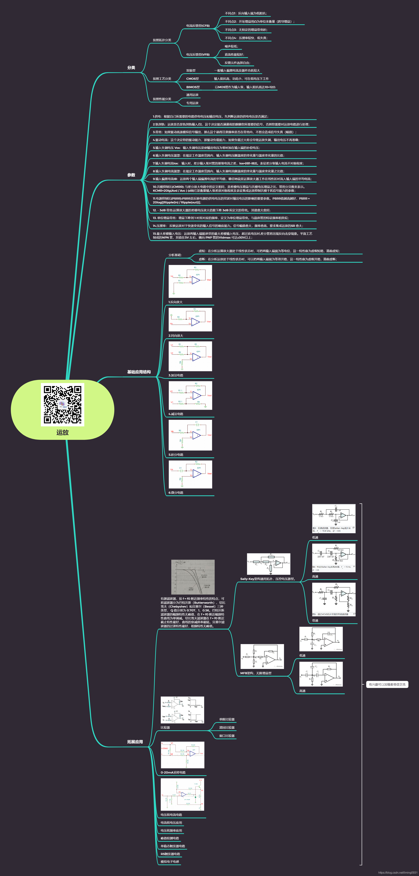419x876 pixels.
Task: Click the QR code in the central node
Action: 63,404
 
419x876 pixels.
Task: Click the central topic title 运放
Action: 63,432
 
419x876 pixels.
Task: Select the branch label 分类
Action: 131,68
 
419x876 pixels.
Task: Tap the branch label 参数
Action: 131,175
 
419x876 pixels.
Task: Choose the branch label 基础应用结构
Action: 139,372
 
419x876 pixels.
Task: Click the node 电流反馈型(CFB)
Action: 198,26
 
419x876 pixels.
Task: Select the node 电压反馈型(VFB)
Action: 198,55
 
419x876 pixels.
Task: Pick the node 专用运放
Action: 192,103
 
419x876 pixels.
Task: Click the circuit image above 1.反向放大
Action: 190,281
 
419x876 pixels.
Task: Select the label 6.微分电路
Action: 176,493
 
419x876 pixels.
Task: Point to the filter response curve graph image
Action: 193,577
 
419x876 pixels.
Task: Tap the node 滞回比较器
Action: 227,728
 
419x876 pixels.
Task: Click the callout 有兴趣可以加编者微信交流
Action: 387,685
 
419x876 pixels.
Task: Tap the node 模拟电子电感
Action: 170,862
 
